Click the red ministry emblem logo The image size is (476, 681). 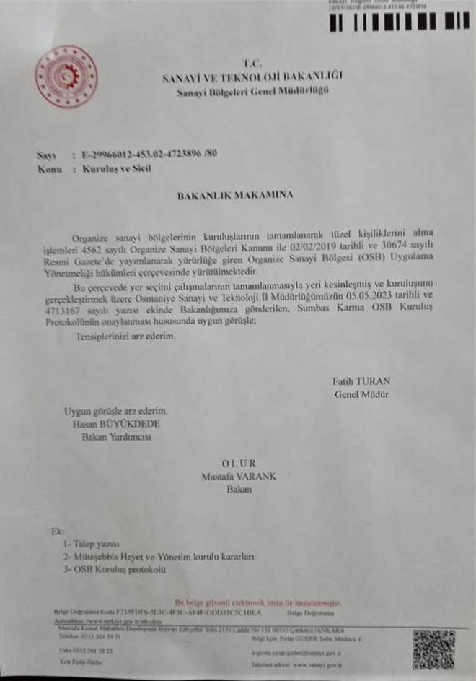click(x=66, y=77)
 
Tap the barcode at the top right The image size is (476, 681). click(x=399, y=22)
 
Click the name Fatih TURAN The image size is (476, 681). click(x=361, y=381)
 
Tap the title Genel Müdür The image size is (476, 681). click(x=361, y=394)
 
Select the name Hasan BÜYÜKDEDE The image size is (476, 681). click(x=117, y=424)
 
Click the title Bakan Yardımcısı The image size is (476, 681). click(x=117, y=437)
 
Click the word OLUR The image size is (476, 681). click(x=238, y=463)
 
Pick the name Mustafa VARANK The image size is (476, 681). click(x=238, y=476)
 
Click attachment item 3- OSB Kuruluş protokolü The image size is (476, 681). click(x=125, y=570)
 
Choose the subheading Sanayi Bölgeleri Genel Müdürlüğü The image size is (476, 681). click(x=252, y=90)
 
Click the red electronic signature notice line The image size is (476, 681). click(x=257, y=602)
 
